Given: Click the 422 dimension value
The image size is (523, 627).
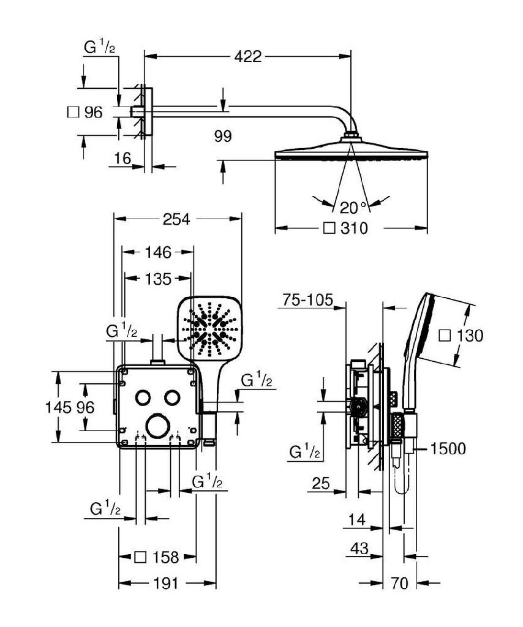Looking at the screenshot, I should [247, 57].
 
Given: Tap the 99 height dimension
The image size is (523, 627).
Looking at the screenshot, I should [224, 136].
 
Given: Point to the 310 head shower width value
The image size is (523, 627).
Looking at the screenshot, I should [353, 229].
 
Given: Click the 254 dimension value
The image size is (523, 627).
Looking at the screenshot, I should [178, 219].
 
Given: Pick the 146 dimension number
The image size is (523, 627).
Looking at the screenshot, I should [158, 251].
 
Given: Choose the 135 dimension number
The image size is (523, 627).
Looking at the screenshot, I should [158, 279].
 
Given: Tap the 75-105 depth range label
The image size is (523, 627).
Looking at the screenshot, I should [308, 300].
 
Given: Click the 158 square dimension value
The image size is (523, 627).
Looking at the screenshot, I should [164, 557].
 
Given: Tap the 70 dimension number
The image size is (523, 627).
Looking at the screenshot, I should [399, 584].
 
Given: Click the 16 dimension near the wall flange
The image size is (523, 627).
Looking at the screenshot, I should [123, 159].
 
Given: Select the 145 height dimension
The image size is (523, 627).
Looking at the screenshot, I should [61, 407].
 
